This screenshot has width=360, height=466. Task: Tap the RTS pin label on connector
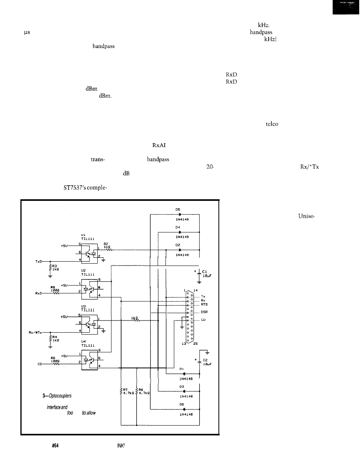(204, 304)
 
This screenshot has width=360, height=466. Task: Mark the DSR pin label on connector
(204, 312)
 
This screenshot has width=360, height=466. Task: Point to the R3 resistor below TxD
(50, 268)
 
